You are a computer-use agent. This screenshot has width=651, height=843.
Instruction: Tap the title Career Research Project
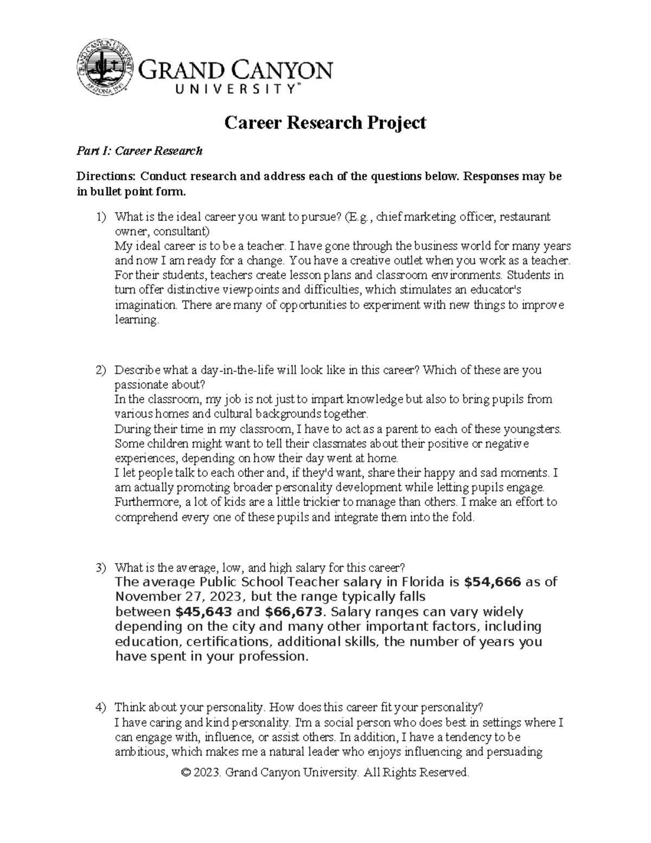pos(325,123)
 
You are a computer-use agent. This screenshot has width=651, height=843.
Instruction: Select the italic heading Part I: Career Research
pos(139,151)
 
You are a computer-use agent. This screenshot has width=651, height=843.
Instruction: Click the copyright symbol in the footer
pos(187,772)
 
